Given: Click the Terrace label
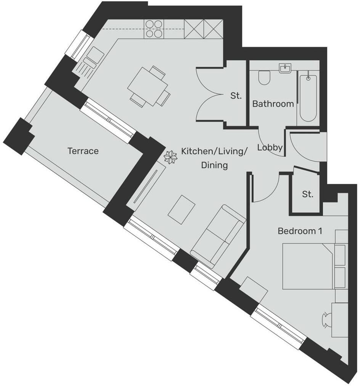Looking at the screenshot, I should (x=83, y=151).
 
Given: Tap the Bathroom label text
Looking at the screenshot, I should (x=273, y=104).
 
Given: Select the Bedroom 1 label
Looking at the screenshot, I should (x=300, y=231).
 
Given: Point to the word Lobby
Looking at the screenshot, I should (x=270, y=147).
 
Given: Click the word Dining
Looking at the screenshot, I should (x=214, y=165).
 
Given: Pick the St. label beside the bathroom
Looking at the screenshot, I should (x=236, y=96).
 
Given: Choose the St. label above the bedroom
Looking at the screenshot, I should (x=308, y=194).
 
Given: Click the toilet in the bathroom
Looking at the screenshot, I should (x=264, y=78).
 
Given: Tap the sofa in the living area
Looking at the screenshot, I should (x=218, y=235).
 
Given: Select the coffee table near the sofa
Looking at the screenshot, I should (x=182, y=209).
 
